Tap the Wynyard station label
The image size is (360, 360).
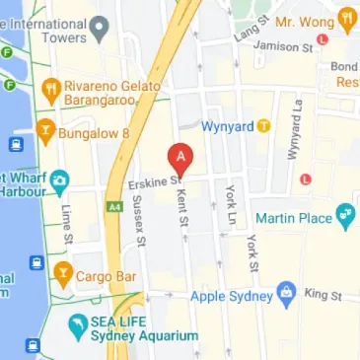click(x=227, y=126)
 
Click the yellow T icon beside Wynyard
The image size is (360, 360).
click(x=263, y=126)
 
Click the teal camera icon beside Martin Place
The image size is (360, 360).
click(x=345, y=214)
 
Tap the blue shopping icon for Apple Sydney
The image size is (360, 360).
click(x=286, y=292)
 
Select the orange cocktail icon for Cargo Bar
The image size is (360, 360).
click(x=64, y=272)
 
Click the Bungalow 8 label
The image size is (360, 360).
click(x=90, y=129)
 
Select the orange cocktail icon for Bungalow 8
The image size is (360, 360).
click(x=44, y=129)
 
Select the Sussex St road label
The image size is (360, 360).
click(x=141, y=227)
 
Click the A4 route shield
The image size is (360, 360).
click(x=115, y=206)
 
